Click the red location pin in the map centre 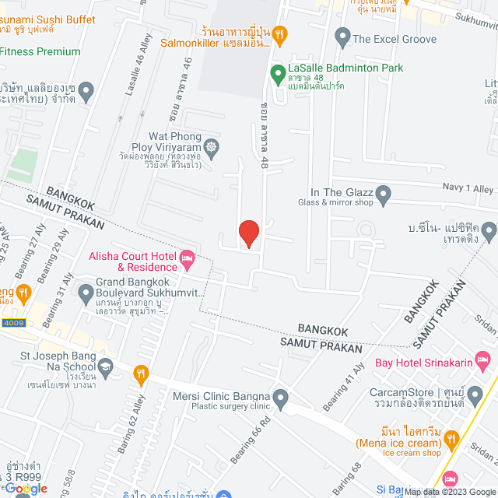click(x=248, y=233)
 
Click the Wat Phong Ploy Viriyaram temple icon click(x=211, y=146)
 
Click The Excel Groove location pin click(x=342, y=36)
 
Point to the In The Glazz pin click(x=383, y=192)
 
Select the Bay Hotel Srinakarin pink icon click(x=483, y=360)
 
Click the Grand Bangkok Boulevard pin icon click(x=86, y=292)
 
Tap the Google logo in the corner click(x=25, y=488)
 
